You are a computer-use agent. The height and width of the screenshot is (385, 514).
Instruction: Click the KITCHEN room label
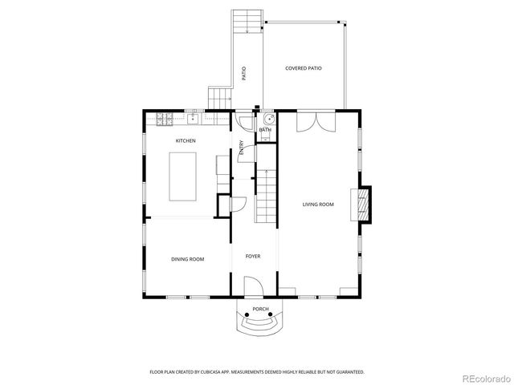pyautogui.click(x=186, y=141)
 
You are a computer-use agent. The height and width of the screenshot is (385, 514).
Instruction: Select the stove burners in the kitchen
pyautogui.click(x=165, y=120)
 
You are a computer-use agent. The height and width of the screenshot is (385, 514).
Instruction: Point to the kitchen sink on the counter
pyautogui.click(x=193, y=120)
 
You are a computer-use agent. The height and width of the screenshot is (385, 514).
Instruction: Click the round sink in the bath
pyautogui.click(x=266, y=120)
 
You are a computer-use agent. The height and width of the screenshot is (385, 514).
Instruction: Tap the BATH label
pyautogui.click(x=265, y=130)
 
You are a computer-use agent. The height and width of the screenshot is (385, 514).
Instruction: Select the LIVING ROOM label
pyautogui.click(x=318, y=205)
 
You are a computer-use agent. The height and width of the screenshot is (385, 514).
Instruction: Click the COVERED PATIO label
pyautogui.click(x=304, y=69)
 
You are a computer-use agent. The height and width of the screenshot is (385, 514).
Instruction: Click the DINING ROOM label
pyautogui.click(x=187, y=259)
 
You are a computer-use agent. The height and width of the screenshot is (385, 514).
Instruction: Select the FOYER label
pyautogui.click(x=253, y=257)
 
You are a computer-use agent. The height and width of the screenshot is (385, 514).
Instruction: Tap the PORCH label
pyautogui.click(x=260, y=309)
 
